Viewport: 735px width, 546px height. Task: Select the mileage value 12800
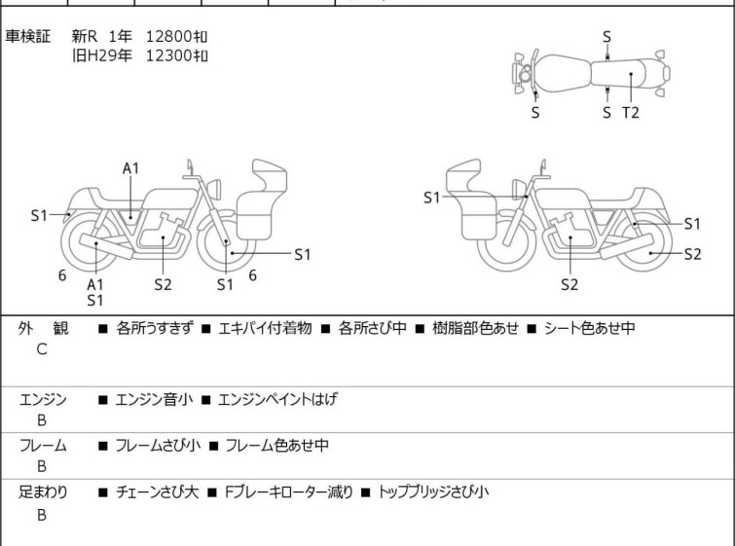click(168, 37)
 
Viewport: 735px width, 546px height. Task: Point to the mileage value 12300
click(168, 55)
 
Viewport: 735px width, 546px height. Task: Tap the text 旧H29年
click(101, 55)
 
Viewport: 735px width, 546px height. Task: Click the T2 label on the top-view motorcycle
click(631, 112)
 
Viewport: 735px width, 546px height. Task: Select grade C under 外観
click(42, 349)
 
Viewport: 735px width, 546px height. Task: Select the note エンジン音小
click(154, 398)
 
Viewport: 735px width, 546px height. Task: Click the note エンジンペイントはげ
click(277, 398)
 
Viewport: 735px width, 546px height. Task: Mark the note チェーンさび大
click(157, 492)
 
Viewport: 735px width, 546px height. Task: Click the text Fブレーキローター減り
click(288, 492)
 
